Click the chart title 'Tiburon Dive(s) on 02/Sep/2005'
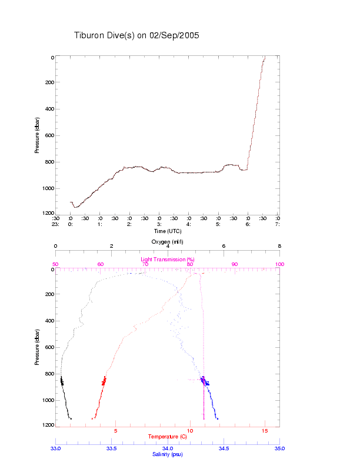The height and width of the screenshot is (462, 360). pyautogui.click(x=136, y=35)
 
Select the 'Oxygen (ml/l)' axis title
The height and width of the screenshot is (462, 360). pyautogui.click(x=168, y=241)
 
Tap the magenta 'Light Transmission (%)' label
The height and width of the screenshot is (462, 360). pyautogui.click(x=168, y=260)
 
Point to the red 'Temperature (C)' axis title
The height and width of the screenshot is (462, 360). pyautogui.click(x=168, y=437)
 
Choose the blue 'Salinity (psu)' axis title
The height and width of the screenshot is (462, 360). pyautogui.click(x=168, y=454)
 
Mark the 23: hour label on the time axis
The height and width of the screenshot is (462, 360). pyautogui.click(x=55, y=224)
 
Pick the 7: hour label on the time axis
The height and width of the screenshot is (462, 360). pyautogui.click(x=278, y=224)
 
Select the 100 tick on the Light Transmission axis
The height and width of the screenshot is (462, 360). pyautogui.click(x=279, y=264)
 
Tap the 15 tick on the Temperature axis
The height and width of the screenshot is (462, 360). pyautogui.click(x=265, y=431)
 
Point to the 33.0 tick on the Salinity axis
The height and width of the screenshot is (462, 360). pyautogui.click(x=56, y=448)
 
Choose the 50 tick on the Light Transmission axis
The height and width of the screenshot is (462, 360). pyautogui.click(x=56, y=264)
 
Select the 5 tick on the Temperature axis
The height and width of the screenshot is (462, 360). pyautogui.click(x=116, y=431)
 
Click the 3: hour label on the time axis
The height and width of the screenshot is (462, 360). pyautogui.click(x=159, y=224)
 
